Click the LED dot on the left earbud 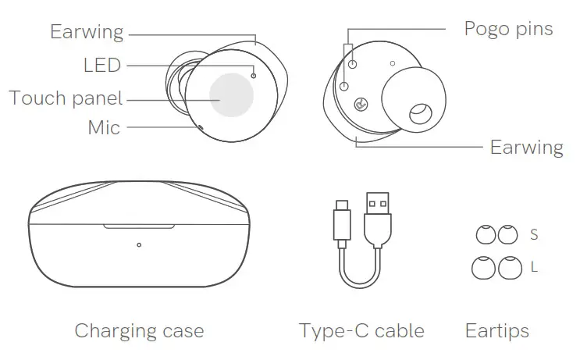point(254,75)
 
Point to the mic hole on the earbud point(200,127)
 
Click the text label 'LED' point(102,66)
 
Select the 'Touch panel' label point(66,98)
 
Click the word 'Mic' point(104,127)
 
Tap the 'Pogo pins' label point(508,29)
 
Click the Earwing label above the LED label point(87,32)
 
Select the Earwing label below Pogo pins point(526,147)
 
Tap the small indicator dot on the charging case point(139,245)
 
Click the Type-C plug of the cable point(342,220)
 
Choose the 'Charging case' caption point(139,330)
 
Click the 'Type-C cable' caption point(361,330)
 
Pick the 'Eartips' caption point(496,330)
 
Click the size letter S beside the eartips point(534,234)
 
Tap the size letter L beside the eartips point(534,267)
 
